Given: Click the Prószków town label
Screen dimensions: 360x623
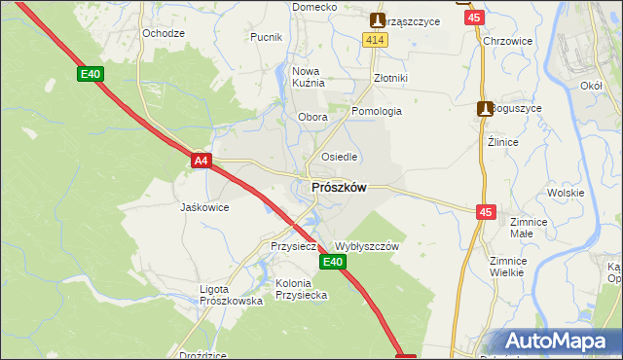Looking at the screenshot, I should click(339, 188).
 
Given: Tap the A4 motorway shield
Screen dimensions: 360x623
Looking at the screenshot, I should click(201, 161).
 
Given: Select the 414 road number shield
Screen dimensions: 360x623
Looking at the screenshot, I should click(376, 39).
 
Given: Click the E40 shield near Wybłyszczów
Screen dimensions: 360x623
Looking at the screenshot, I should click(333, 262).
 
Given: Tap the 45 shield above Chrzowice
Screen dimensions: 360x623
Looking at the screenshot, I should click(473, 18).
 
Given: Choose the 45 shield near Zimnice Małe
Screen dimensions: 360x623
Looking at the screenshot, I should click(487, 210).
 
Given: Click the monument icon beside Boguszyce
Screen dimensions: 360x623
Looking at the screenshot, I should click(484, 109).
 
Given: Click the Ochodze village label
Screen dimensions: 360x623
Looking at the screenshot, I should click(164, 33).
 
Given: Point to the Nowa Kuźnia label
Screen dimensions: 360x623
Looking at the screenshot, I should click(308, 77).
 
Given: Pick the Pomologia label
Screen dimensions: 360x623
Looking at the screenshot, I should click(377, 111).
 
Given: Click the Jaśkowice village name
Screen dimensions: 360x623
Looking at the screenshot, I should click(204, 207).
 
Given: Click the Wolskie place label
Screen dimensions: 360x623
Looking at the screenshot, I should click(565, 193).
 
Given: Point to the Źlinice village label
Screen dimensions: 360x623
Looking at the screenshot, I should click(502, 141).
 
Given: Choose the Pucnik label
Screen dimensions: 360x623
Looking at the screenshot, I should click(267, 37).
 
